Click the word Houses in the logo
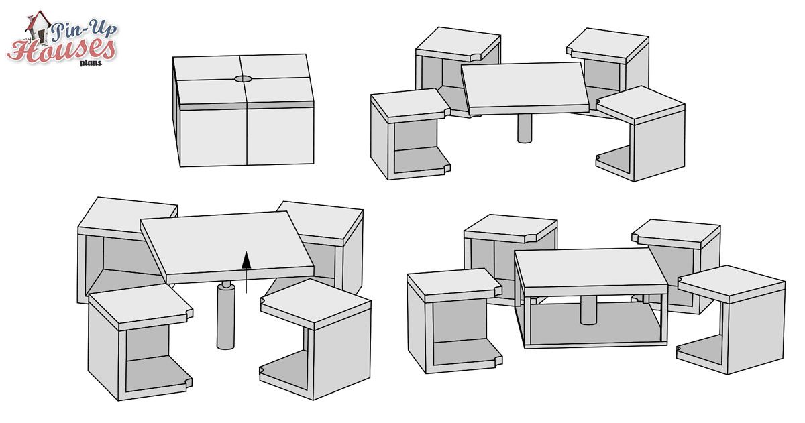[x=61, y=50]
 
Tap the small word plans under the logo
[x=91, y=63]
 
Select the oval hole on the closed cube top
[x=244, y=79]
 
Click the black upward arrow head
[x=246, y=260]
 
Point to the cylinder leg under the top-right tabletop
[x=525, y=129]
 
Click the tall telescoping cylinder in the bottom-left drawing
[x=225, y=315]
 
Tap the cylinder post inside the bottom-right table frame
[x=589, y=310]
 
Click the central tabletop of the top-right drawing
[x=525, y=88]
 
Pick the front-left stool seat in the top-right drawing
[x=411, y=105]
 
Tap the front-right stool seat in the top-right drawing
[x=641, y=105]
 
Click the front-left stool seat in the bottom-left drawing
[x=140, y=307]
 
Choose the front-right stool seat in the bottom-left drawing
[x=315, y=304]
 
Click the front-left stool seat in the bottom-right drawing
[x=454, y=286]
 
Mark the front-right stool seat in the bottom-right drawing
[x=731, y=284]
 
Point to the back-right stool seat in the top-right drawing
[x=608, y=46]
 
